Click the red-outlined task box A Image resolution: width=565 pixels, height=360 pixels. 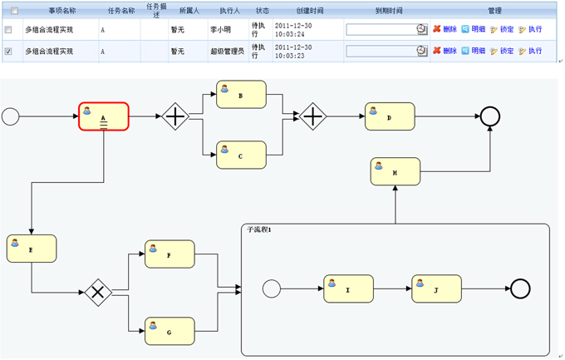[104, 117]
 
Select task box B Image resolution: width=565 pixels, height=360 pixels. [241, 95]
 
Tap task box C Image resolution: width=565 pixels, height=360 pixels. [241, 155]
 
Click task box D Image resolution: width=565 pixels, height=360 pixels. [389, 117]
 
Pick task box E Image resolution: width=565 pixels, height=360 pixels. [32, 248]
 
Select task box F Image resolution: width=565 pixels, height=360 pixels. [169, 254]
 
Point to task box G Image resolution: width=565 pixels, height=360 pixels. [169, 331]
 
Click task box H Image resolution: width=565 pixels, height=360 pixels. [395, 172]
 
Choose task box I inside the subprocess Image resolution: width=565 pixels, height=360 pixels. [348, 288]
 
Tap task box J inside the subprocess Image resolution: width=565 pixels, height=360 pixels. [436, 288]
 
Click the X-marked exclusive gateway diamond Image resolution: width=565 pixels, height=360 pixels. [98, 291]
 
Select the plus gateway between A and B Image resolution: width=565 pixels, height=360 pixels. [175, 117]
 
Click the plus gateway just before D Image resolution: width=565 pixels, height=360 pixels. [312, 117]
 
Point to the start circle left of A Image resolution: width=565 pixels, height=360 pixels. [11, 117]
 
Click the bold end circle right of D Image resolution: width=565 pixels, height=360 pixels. [490, 117]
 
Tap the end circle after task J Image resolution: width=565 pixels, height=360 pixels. [520, 288]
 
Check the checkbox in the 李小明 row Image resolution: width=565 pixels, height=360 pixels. [8, 30]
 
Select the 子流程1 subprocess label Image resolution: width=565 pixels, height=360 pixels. [261, 229]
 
